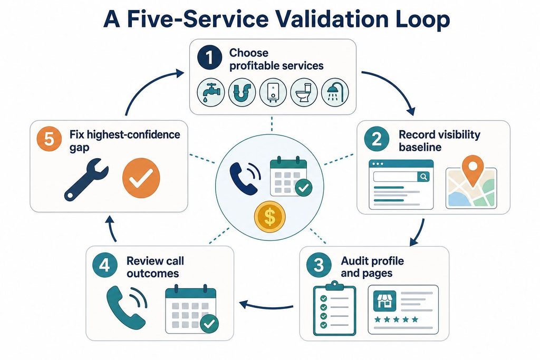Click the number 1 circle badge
pos(210,57)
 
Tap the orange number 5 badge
pos(49,139)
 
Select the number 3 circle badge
pos(319,265)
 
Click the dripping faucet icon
pos(211,92)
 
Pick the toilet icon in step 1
pos(304,92)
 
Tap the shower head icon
pos(335,92)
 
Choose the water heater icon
pos(273,92)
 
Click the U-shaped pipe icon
pos(242,92)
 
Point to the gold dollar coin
pos(269,217)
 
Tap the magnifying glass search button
pos(423,177)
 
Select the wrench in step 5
pos(86,179)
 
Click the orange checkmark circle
pos(141,178)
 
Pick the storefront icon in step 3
pos(384,300)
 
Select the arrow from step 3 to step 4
pos(266,306)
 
